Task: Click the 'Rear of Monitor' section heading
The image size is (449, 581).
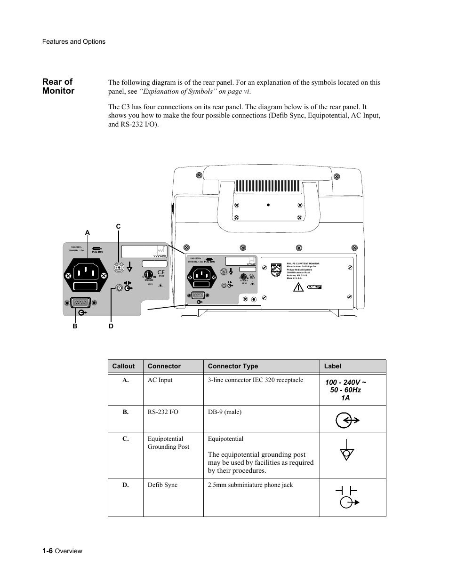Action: point(58,86)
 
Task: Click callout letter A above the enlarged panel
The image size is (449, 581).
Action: point(87,232)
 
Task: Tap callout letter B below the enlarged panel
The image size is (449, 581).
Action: point(75,326)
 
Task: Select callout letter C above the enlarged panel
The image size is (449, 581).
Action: point(118,227)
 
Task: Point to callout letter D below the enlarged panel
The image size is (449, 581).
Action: point(111,326)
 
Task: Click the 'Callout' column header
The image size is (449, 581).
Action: point(123,366)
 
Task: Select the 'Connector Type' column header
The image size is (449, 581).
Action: point(233,366)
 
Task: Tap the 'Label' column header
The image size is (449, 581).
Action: point(333,366)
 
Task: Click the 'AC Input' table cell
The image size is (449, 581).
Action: point(160,380)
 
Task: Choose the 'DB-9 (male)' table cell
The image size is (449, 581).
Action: point(224,412)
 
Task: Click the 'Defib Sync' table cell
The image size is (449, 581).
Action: point(162,485)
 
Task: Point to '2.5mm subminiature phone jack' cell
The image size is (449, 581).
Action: point(250,485)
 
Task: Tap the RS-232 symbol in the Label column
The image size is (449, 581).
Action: point(347,420)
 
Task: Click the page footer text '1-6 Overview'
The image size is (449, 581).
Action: point(62,551)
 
